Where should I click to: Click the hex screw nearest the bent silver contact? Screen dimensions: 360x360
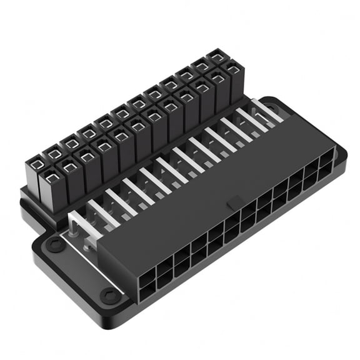point(55,244)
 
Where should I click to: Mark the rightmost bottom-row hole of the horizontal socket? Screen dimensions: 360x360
point(326,176)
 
